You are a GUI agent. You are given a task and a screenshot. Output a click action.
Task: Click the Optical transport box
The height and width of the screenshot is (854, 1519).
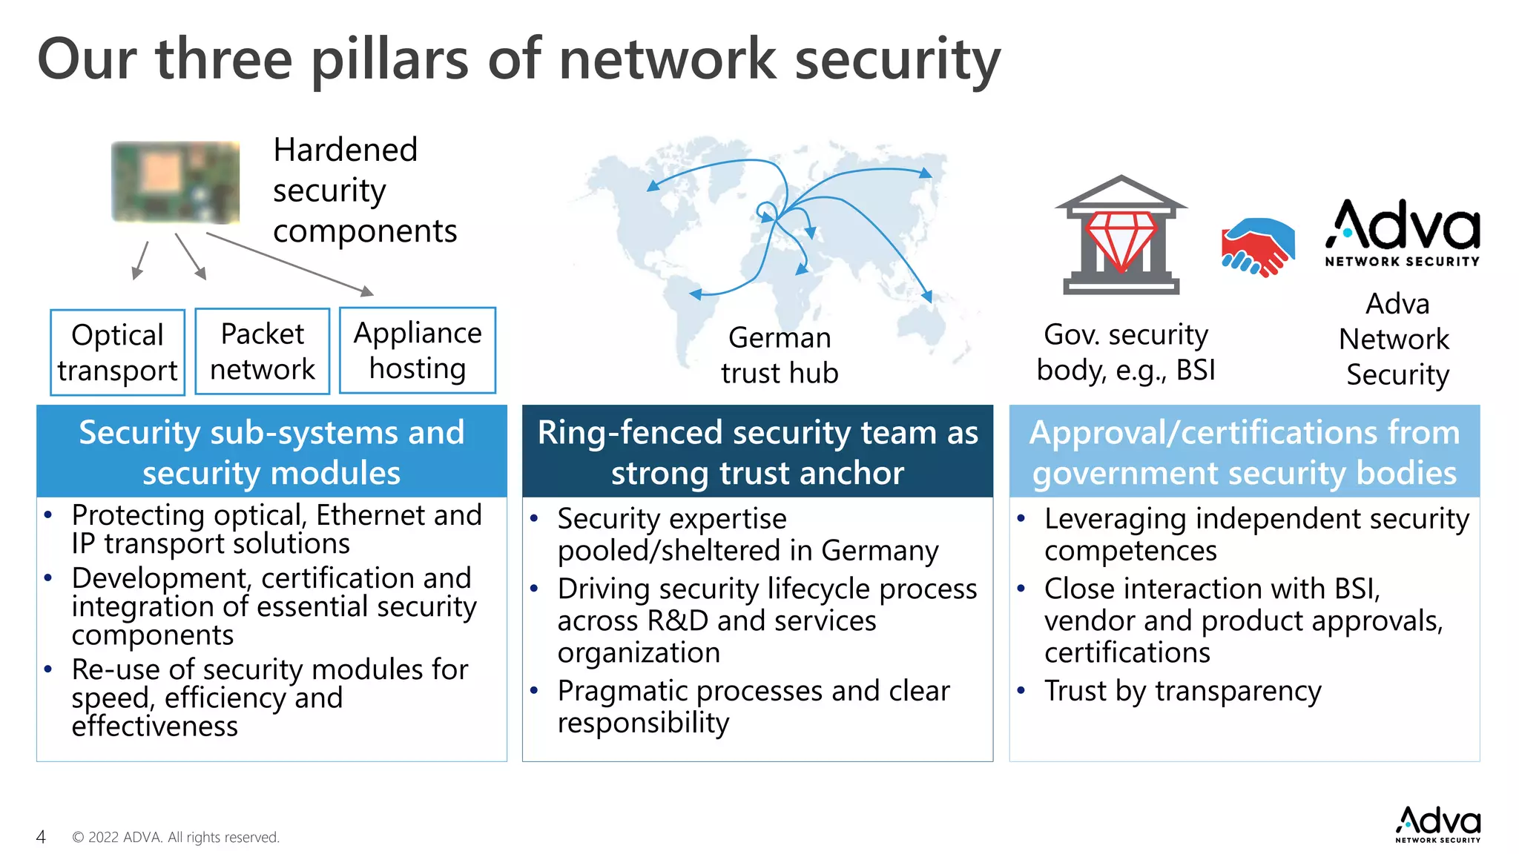(x=117, y=352)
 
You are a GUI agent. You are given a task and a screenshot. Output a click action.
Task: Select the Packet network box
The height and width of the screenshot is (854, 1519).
(x=262, y=351)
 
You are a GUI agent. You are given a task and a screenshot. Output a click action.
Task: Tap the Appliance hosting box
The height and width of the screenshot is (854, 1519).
(x=418, y=350)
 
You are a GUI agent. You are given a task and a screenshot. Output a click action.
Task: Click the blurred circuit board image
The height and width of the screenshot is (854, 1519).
(x=176, y=182)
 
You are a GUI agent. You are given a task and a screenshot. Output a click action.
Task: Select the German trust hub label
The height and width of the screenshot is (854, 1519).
(x=780, y=355)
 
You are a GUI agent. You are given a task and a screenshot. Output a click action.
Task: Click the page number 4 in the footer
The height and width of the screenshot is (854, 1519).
(x=41, y=837)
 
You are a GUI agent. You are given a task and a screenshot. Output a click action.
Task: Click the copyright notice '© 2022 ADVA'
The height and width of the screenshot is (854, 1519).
(x=176, y=837)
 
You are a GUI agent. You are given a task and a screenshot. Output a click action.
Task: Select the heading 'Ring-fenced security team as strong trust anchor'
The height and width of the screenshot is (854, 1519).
(x=757, y=451)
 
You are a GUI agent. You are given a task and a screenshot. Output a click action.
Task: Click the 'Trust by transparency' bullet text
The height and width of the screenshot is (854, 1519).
(x=1182, y=691)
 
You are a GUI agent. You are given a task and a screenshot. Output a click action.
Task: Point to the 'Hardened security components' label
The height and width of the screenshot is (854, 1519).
(x=364, y=191)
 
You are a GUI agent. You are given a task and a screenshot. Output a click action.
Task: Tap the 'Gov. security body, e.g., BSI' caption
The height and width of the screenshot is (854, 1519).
(x=1125, y=352)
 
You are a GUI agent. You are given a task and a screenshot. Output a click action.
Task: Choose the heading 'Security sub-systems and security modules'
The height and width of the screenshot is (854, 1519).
(x=271, y=451)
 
